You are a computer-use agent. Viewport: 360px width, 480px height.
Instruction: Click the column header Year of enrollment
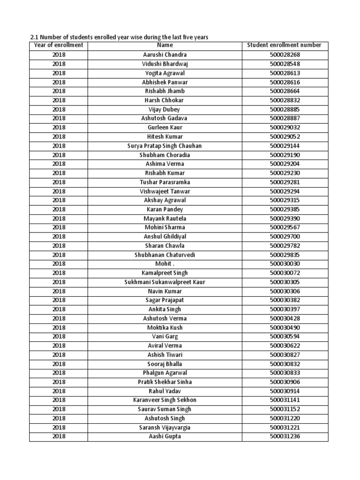pyautogui.click(x=59, y=45)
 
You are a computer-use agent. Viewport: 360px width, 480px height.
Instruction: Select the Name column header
pyautogui.click(x=165, y=45)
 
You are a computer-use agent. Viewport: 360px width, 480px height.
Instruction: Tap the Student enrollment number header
pyautogui.click(x=285, y=45)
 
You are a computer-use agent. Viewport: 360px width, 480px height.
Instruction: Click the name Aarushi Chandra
pyautogui.click(x=165, y=54)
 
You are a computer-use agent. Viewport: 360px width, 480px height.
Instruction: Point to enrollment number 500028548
pyautogui.click(x=285, y=64)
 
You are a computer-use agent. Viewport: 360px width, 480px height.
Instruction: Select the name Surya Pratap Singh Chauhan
pyautogui.click(x=165, y=146)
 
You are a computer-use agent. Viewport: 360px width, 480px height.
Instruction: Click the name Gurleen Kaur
pyautogui.click(x=165, y=127)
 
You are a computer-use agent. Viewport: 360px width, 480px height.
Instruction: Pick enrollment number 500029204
pyautogui.click(x=285, y=164)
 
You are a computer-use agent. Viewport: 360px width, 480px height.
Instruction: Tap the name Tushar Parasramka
pyautogui.click(x=165, y=182)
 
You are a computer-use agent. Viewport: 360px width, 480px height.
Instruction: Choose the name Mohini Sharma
pyautogui.click(x=165, y=227)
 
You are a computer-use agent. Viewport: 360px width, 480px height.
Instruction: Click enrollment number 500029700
pyautogui.click(x=285, y=237)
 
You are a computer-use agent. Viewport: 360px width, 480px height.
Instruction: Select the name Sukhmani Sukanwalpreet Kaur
pyautogui.click(x=165, y=282)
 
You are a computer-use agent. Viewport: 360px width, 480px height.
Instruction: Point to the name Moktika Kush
pyautogui.click(x=165, y=328)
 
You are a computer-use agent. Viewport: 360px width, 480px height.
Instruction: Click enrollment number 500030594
pyautogui.click(x=285, y=337)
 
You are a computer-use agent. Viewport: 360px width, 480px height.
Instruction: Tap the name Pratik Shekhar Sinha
pyautogui.click(x=165, y=382)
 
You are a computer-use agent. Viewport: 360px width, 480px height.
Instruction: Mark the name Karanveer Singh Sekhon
pyautogui.click(x=165, y=400)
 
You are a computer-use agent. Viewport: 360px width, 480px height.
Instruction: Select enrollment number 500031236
pyautogui.click(x=285, y=436)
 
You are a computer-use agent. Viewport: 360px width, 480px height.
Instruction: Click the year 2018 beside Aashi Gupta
pyautogui.click(x=59, y=436)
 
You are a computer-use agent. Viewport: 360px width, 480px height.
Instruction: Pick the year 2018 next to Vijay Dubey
pyautogui.click(x=59, y=109)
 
